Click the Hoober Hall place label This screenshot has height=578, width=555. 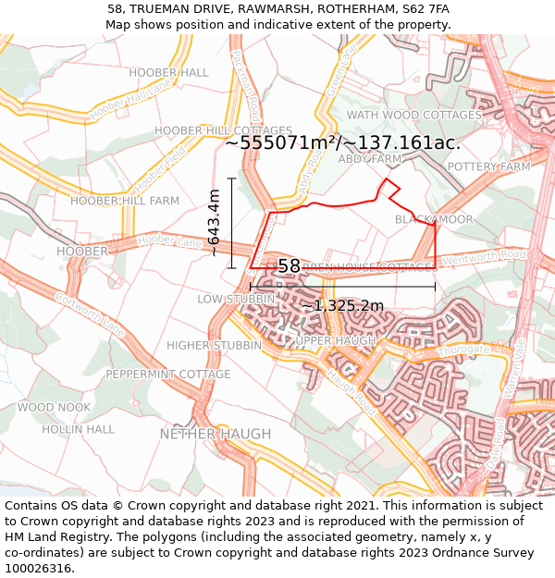[168, 72]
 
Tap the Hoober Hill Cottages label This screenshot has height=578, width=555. [210, 130]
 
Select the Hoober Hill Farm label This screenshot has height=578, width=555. [125, 201]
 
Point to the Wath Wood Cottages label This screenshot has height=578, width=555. [413, 115]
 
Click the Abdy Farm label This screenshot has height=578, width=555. [370, 159]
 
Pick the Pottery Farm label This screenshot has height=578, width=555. [488, 166]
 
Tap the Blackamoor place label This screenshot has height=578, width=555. [434, 219]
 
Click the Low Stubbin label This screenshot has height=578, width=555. [236, 299]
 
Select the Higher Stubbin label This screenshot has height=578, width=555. [215, 345]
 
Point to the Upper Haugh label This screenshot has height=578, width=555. [335, 340]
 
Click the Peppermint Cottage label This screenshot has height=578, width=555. [167, 375]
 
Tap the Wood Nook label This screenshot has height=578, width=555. [54, 407]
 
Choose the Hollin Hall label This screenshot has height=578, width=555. [78, 429]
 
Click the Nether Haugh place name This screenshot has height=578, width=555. [216, 434]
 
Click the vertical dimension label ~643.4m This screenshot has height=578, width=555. [214, 223]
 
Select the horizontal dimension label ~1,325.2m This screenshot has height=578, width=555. [342, 305]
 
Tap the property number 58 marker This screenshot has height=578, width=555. [289, 266]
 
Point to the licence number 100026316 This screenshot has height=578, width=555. [40, 568]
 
